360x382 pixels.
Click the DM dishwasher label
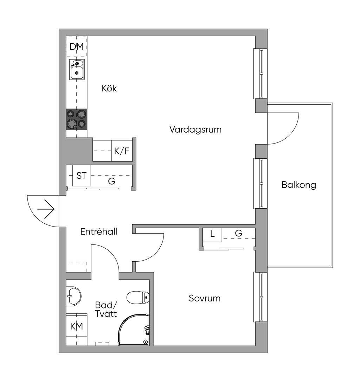77,46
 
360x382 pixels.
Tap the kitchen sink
77,69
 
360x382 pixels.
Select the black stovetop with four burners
77,119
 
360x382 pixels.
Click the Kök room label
109,88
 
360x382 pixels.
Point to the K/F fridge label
122,152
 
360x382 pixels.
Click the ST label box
82,176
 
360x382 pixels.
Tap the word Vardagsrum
195,129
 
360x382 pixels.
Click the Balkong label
299,185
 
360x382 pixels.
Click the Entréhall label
99,232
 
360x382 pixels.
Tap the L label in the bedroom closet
212,234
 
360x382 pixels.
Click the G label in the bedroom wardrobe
238,233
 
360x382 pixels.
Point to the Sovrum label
205,299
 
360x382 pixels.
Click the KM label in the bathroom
77,326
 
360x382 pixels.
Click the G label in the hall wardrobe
112,182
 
